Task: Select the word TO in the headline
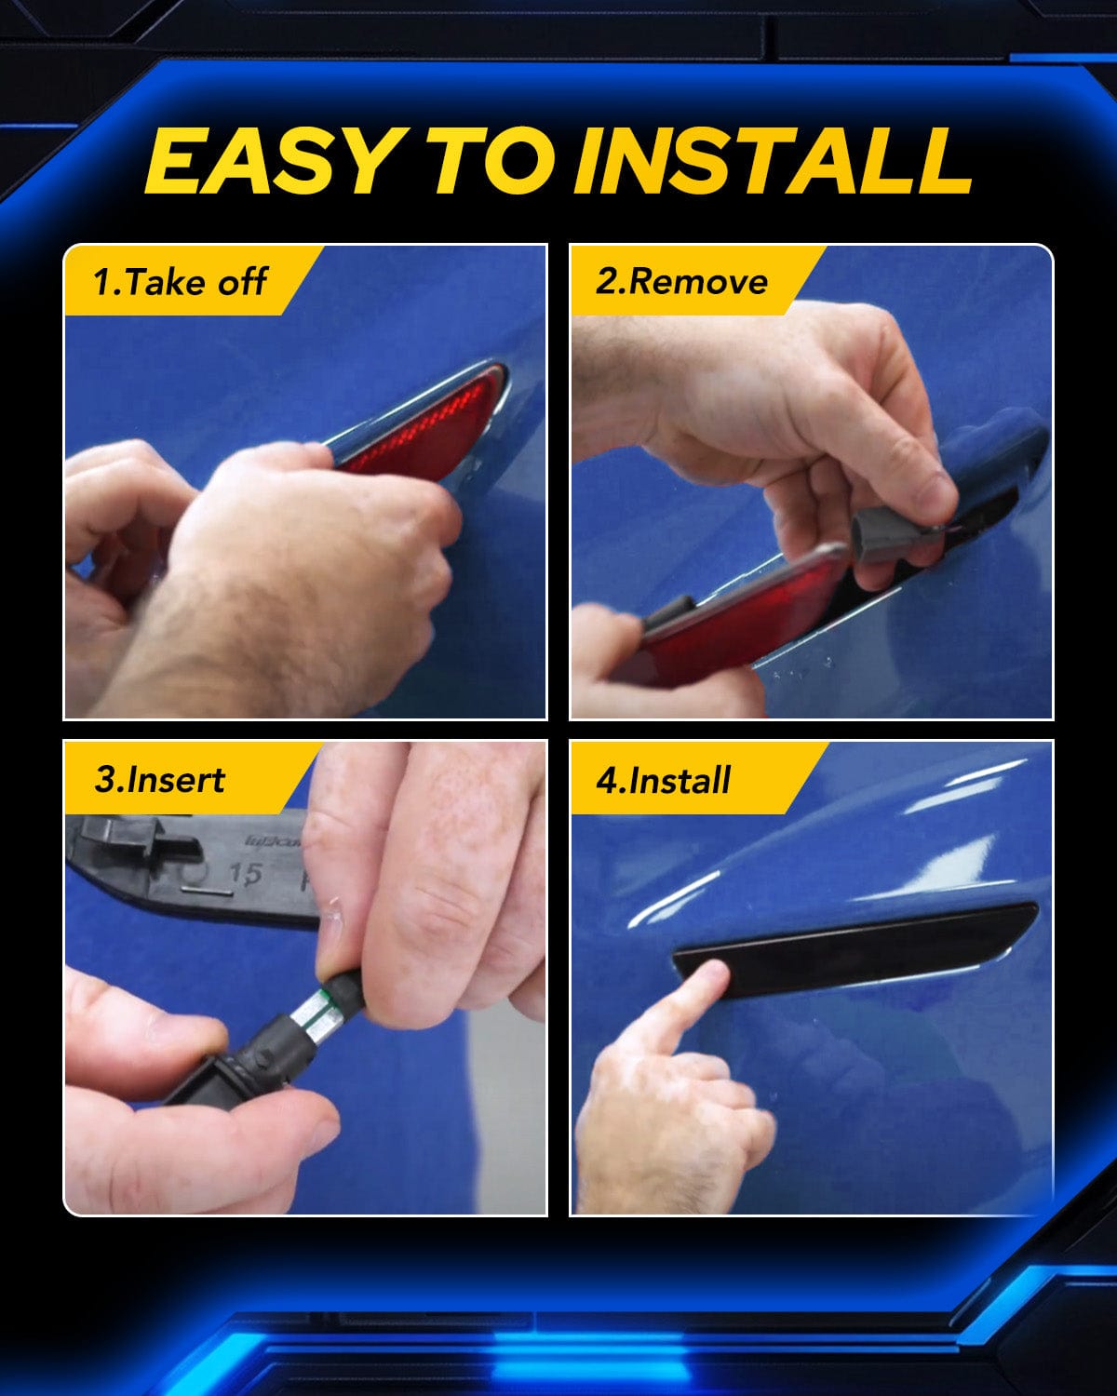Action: pyautogui.click(x=492, y=160)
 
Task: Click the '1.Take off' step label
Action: pyautogui.click(x=180, y=282)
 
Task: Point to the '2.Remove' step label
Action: pyautogui.click(x=681, y=282)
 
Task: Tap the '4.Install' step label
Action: pyautogui.click(x=664, y=780)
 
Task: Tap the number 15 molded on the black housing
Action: pyautogui.click(x=246, y=874)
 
